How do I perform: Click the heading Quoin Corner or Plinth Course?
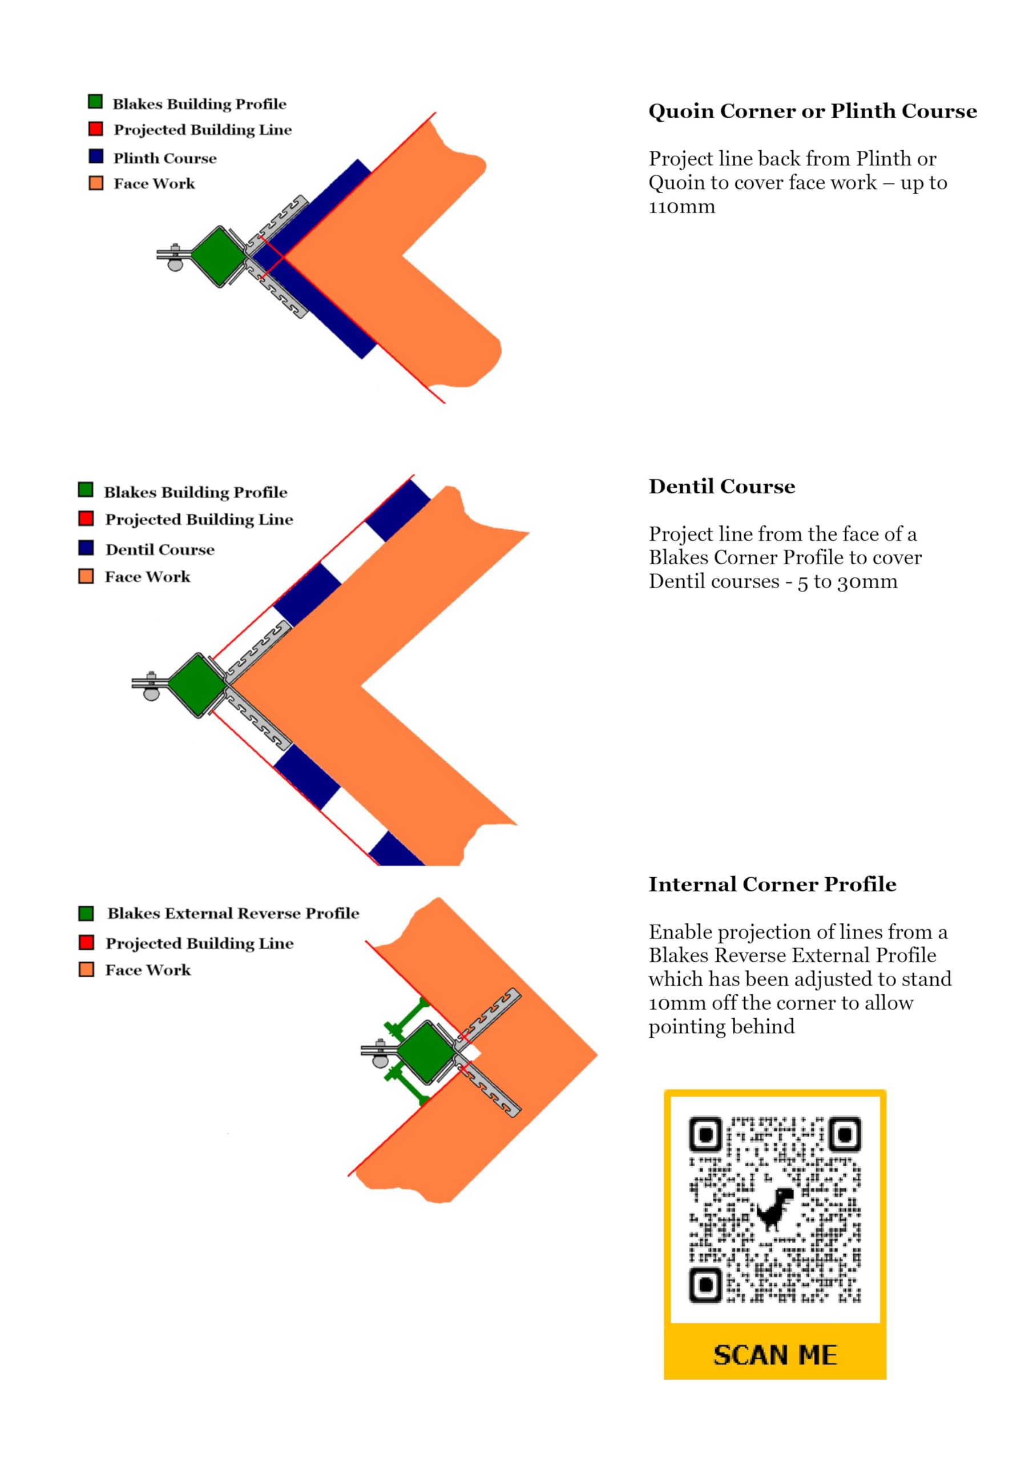[x=812, y=111]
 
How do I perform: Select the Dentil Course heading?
[x=722, y=487]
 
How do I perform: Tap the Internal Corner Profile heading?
[x=772, y=885]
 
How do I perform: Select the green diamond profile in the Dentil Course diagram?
[x=197, y=686]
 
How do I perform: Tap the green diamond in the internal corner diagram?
[x=426, y=1053]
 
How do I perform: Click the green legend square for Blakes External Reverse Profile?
[x=86, y=914]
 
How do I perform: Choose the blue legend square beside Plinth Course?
[x=96, y=156]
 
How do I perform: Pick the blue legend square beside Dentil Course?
[x=86, y=548]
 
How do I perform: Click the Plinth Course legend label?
[x=165, y=158]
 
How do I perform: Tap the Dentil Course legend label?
[x=160, y=549]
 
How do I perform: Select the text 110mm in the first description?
[x=681, y=207]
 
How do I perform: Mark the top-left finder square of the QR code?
[x=705, y=1134]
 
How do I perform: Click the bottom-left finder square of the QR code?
[x=705, y=1286]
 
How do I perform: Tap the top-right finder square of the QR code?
[x=845, y=1134]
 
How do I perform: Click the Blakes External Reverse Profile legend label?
[x=233, y=914]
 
